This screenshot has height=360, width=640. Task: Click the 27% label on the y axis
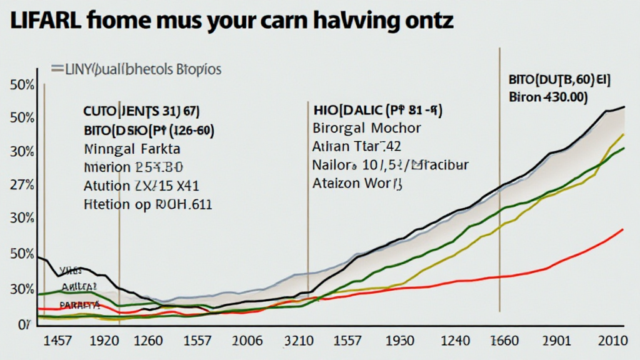[x=22, y=186]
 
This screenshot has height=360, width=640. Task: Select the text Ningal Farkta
[x=132, y=149]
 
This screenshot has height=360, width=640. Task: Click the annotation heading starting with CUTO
[x=141, y=112]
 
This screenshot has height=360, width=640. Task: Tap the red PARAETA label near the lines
[x=79, y=305]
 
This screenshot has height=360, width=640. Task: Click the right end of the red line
[x=623, y=229]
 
